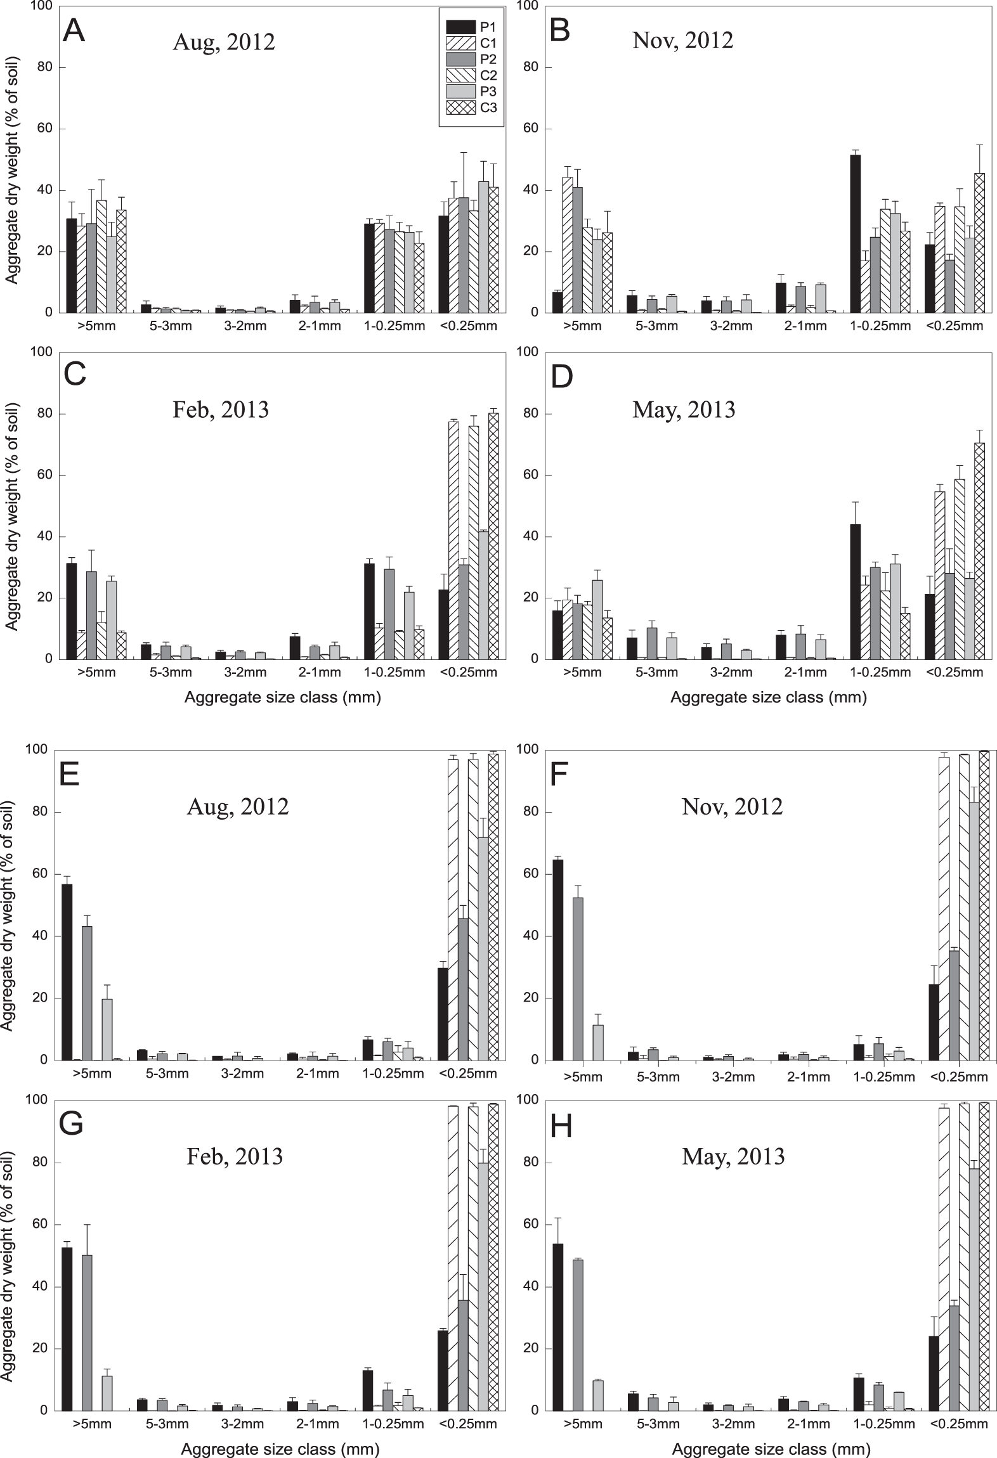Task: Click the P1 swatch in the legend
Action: tap(461, 27)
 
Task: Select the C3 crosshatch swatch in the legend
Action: tap(461, 107)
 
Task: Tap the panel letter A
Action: tap(74, 30)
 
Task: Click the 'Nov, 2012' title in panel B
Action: tap(682, 41)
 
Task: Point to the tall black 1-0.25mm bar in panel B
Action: tap(855, 234)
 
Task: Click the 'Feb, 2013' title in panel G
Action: tap(235, 1157)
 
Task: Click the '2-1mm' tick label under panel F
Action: tap(808, 1076)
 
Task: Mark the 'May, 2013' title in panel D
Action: tap(684, 410)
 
